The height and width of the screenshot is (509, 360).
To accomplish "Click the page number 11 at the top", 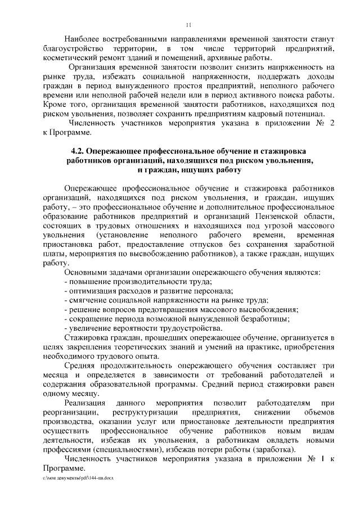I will pyautogui.click(x=188, y=24).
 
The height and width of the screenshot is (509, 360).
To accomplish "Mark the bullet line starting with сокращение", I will pyautogui.click(x=178, y=319).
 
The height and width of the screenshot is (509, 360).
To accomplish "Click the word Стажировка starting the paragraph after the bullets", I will pyautogui.click(x=89, y=337).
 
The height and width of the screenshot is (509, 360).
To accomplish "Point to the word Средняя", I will pyautogui.click(x=82, y=366).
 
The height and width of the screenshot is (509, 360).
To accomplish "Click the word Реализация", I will pyautogui.click(x=85, y=403).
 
